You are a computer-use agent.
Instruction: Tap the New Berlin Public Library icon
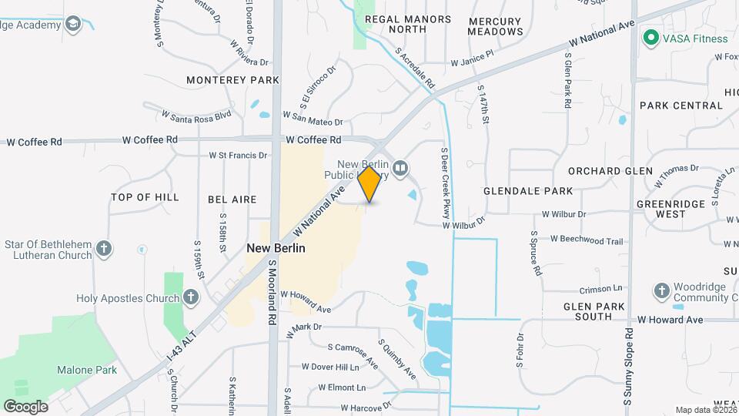point(400,168)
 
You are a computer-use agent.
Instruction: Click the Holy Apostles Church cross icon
point(191,297)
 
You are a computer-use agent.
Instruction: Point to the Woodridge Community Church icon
point(660,291)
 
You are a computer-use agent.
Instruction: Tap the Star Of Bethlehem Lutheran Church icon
point(104,249)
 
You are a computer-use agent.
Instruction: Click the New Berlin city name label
point(276,249)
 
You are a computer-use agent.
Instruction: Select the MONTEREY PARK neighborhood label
point(232,80)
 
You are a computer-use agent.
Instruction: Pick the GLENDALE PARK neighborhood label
point(528,191)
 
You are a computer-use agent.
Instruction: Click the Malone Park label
point(87,370)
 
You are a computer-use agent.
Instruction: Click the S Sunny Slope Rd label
point(628,366)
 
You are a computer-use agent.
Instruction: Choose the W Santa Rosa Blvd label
point(196,116)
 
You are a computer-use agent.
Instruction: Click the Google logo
point(25,407)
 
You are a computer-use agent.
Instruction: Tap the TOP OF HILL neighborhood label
point(145,198)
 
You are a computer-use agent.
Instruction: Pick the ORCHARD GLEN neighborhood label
point(610,171)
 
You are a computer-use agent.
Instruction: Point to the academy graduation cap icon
point(73,24)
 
